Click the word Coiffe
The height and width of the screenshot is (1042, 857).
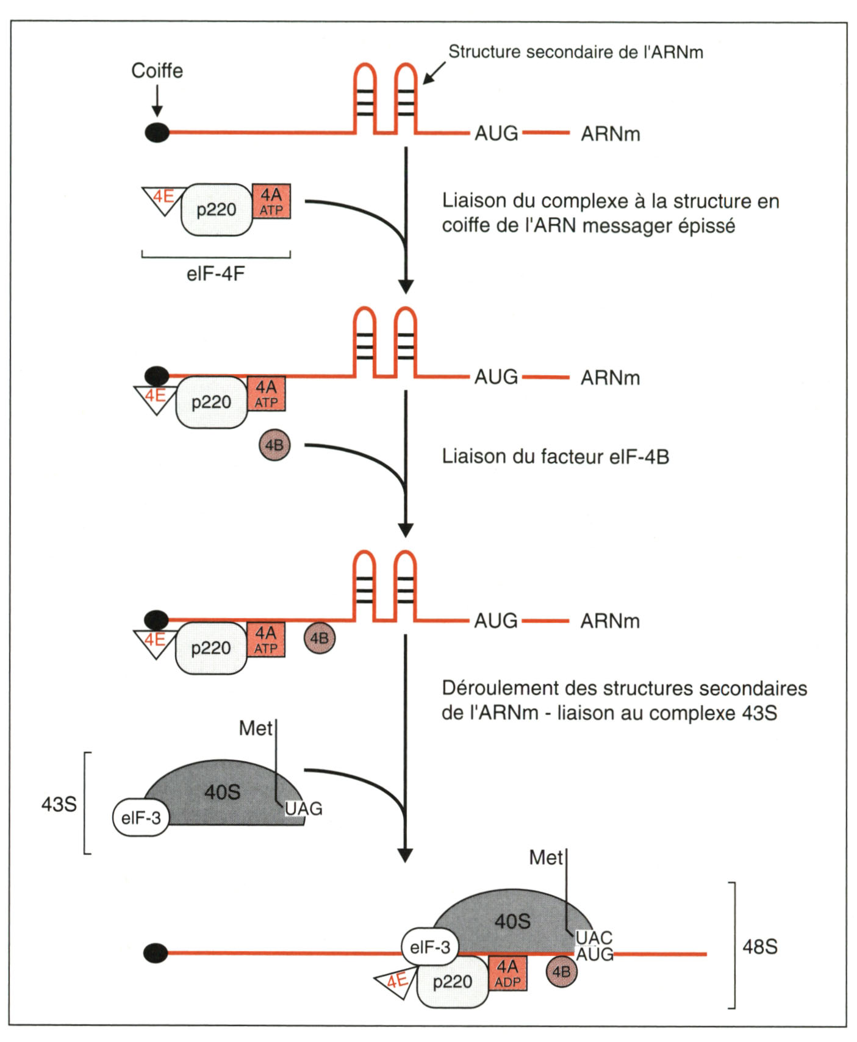pos(157,71)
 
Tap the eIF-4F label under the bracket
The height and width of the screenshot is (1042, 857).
pos(215,273)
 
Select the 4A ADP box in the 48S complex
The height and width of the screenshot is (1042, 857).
pos(507,973)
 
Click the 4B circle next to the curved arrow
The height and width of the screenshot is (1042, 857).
pos(274,445)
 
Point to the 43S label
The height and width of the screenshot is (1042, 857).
pos(59,804)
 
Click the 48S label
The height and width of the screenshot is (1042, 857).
pos(759,946)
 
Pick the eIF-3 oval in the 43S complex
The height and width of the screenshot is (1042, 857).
pos(141,817)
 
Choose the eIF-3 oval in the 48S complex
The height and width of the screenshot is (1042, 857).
pos(430,947)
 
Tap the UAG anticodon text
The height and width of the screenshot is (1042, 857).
pos(303,809)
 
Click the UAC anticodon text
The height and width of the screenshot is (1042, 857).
pos(593,938)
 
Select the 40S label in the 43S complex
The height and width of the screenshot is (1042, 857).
pos(222,792)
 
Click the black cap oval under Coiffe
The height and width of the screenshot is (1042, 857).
pos(157,132)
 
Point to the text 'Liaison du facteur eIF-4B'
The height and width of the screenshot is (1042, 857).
pos(555,456)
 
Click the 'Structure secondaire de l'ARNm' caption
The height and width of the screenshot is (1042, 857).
pos(576,52)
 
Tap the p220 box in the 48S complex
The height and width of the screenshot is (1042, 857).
pos(453,982)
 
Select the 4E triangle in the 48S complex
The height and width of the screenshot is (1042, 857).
pos(395,980)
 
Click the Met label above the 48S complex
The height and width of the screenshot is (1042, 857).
pos(545,858)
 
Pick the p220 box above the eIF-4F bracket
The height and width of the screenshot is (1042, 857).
pos(217,210)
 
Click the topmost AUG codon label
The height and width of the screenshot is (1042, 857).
pos(496,133)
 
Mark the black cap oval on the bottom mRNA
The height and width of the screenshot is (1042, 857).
pos(156,953)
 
